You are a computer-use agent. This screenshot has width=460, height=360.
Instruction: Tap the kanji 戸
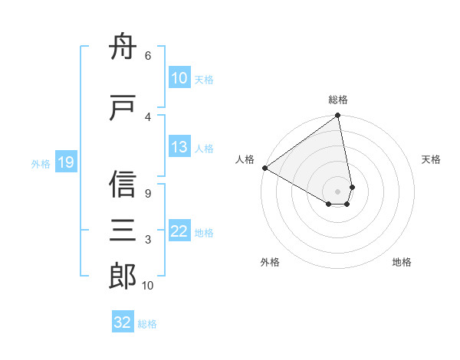coord(123,109)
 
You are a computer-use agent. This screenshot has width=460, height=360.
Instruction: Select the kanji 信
coord(123,185)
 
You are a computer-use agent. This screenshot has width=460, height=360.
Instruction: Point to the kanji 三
coord(123,231)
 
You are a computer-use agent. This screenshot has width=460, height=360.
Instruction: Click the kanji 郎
coord(123,277)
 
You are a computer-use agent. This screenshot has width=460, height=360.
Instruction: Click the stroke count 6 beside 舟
coord(147,56)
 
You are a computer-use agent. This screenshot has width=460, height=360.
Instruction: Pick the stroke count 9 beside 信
coord(147,193)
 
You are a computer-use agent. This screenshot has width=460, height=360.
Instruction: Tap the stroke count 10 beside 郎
coord(148,285)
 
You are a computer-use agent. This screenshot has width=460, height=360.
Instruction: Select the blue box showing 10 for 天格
coord(179,77)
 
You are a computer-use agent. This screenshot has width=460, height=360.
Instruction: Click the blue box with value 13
coord(179,147)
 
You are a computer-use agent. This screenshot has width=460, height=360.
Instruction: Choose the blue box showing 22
coord(179,231)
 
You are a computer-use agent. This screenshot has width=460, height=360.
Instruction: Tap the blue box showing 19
coord(65,162)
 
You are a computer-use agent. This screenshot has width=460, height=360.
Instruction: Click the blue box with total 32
coord(123,322)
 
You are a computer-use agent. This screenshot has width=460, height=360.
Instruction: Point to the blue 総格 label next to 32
coord(147,324)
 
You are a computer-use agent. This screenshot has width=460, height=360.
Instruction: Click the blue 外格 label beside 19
coord(40,163)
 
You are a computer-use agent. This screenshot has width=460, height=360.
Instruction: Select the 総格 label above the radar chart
coord(338,100)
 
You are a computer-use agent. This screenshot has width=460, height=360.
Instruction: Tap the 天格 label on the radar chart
coord(431,159)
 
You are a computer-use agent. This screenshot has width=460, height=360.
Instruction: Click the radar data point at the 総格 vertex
coord(338,116)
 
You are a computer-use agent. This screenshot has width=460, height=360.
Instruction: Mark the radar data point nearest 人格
coord(264,167)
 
